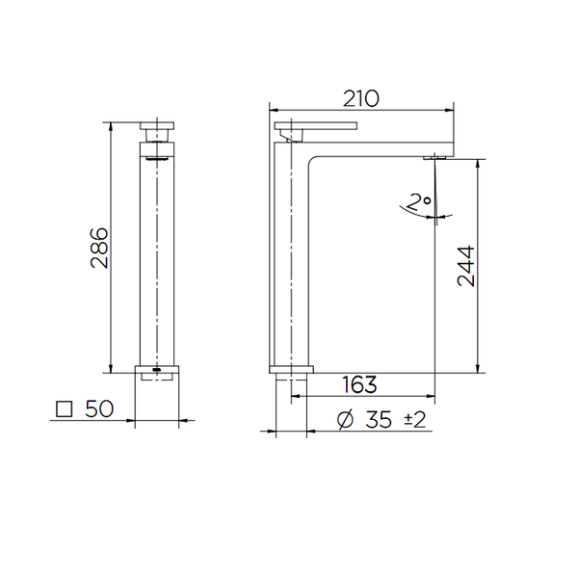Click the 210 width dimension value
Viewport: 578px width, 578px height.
(x=361, y=99)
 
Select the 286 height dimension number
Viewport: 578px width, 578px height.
(x=99, y=249)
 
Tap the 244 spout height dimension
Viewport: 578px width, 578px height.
(x=465, y=266)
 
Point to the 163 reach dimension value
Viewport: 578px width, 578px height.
(x=359, y=384)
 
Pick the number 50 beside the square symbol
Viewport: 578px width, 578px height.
(x=99, y=408)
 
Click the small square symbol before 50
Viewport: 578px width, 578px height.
(x=65, y=409)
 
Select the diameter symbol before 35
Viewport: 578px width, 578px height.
(x=346, y=419)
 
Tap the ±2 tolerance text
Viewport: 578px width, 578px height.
(x=415, y=419)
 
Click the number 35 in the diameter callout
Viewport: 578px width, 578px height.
(x=379, y=420)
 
